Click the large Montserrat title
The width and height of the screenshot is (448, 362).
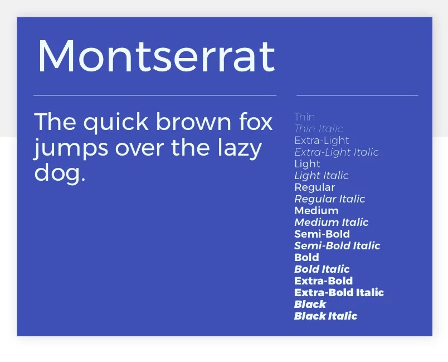pos(156,56)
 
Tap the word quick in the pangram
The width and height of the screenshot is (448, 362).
pos(116,123)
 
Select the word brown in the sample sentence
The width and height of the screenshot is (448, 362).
pos(193,121)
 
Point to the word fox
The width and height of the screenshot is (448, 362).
pos(256,121)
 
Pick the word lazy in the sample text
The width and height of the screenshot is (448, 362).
pos(240,149)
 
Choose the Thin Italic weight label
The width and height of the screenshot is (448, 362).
pos(319,129)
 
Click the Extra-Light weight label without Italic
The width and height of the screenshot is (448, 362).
pos(322,141)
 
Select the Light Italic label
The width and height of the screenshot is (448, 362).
pos(322,176)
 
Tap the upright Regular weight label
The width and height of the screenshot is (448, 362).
pos(315,187)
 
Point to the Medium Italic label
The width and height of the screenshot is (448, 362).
pos(332,222)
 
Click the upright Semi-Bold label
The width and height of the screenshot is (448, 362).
pos(322,234)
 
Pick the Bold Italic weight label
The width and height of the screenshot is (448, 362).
pos(322,269)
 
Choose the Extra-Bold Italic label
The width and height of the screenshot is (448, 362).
pos(339,292)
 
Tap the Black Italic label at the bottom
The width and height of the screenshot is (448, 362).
pos(326,316)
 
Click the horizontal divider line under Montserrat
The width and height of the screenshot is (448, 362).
pos(155,95)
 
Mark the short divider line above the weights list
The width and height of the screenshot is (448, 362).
pos(357,95)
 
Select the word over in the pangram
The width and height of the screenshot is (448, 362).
pos(139,148)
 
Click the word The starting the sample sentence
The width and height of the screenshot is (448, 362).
pos(55,121)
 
